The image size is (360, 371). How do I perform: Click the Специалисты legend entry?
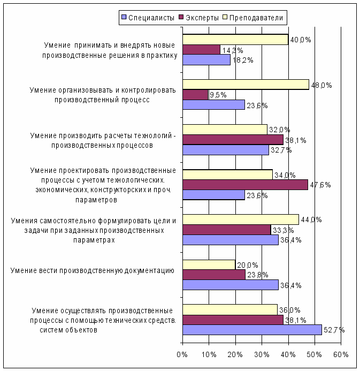pyautogui.click(x=148, y=18)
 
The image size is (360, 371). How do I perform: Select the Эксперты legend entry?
pyautogui.click(x=199, y=18)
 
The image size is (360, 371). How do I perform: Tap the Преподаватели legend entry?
pyautogui.click(x=253, y=18)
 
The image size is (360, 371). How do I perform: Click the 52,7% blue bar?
pyautogui.click(x=252, y=330)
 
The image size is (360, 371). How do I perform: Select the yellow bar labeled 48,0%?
pyautogui.click(x=246, y=85)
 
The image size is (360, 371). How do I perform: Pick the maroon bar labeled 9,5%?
pyautogui.click(x=195, y=95)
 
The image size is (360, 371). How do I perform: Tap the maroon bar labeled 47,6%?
pyautogui.click(x=246, y=185)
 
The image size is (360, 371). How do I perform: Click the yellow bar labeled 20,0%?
pyautogui.click(x=209, y=265)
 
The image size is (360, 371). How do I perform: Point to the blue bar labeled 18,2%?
pyautogui.click(x=206, y=60)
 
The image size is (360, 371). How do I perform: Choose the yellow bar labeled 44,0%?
pyautogui.click(x=241, y=219)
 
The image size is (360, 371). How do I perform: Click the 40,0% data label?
pyautogui.click(x=301, y=40)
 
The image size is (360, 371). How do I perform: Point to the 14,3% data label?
pyautogui.click(x=233, y=50)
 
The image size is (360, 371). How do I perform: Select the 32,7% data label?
pyautogui.click(x=281, y=150)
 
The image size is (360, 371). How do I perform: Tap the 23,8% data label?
pyautogui.click(x=258, y=275)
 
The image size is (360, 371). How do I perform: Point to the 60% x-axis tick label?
pyautogui.click(x=341, y=354)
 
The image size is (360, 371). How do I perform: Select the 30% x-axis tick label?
pyautogui.click(x=262, y=354)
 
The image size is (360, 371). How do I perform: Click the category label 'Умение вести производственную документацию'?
pyautogui.click(x=93, y=270)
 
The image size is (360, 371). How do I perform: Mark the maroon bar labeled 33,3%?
pyautogui.click(x=227, y=230)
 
